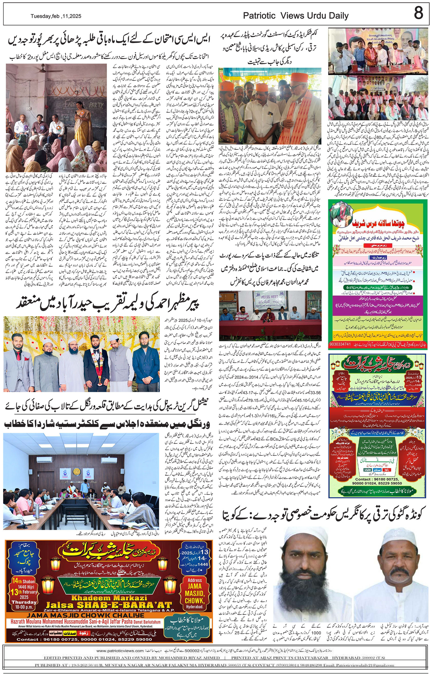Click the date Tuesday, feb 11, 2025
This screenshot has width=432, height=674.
[x=56, y=16]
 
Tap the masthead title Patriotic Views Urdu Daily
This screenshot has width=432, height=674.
[x=296, y=16]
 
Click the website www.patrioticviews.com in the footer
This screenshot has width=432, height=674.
[x=120, y=651]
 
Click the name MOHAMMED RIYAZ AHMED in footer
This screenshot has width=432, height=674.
[x=189, y=658]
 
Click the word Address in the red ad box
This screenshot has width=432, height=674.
[x=195, y=580]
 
